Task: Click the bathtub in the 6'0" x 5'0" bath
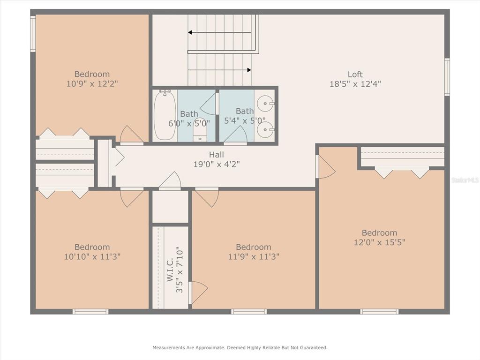coord(165,115)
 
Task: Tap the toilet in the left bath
coord(200,129)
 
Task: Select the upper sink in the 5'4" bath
coord(265,104)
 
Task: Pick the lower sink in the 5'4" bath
coord(265,129)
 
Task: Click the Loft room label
coord(355,75)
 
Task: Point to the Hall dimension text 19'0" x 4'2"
coord(217,165)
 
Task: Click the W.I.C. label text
coord(170,270)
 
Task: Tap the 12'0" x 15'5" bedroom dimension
coord(380,242)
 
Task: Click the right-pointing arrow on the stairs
coord(219,70)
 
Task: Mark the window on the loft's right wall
coord(447,77)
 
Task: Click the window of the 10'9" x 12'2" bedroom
coord(33,34)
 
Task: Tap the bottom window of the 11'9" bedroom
coord(249,312)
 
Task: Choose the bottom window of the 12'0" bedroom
coord(379,312)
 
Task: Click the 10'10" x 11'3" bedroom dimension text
coord(92,256)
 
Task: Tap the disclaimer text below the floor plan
coord(240,347)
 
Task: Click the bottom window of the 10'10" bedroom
coord(90,312)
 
